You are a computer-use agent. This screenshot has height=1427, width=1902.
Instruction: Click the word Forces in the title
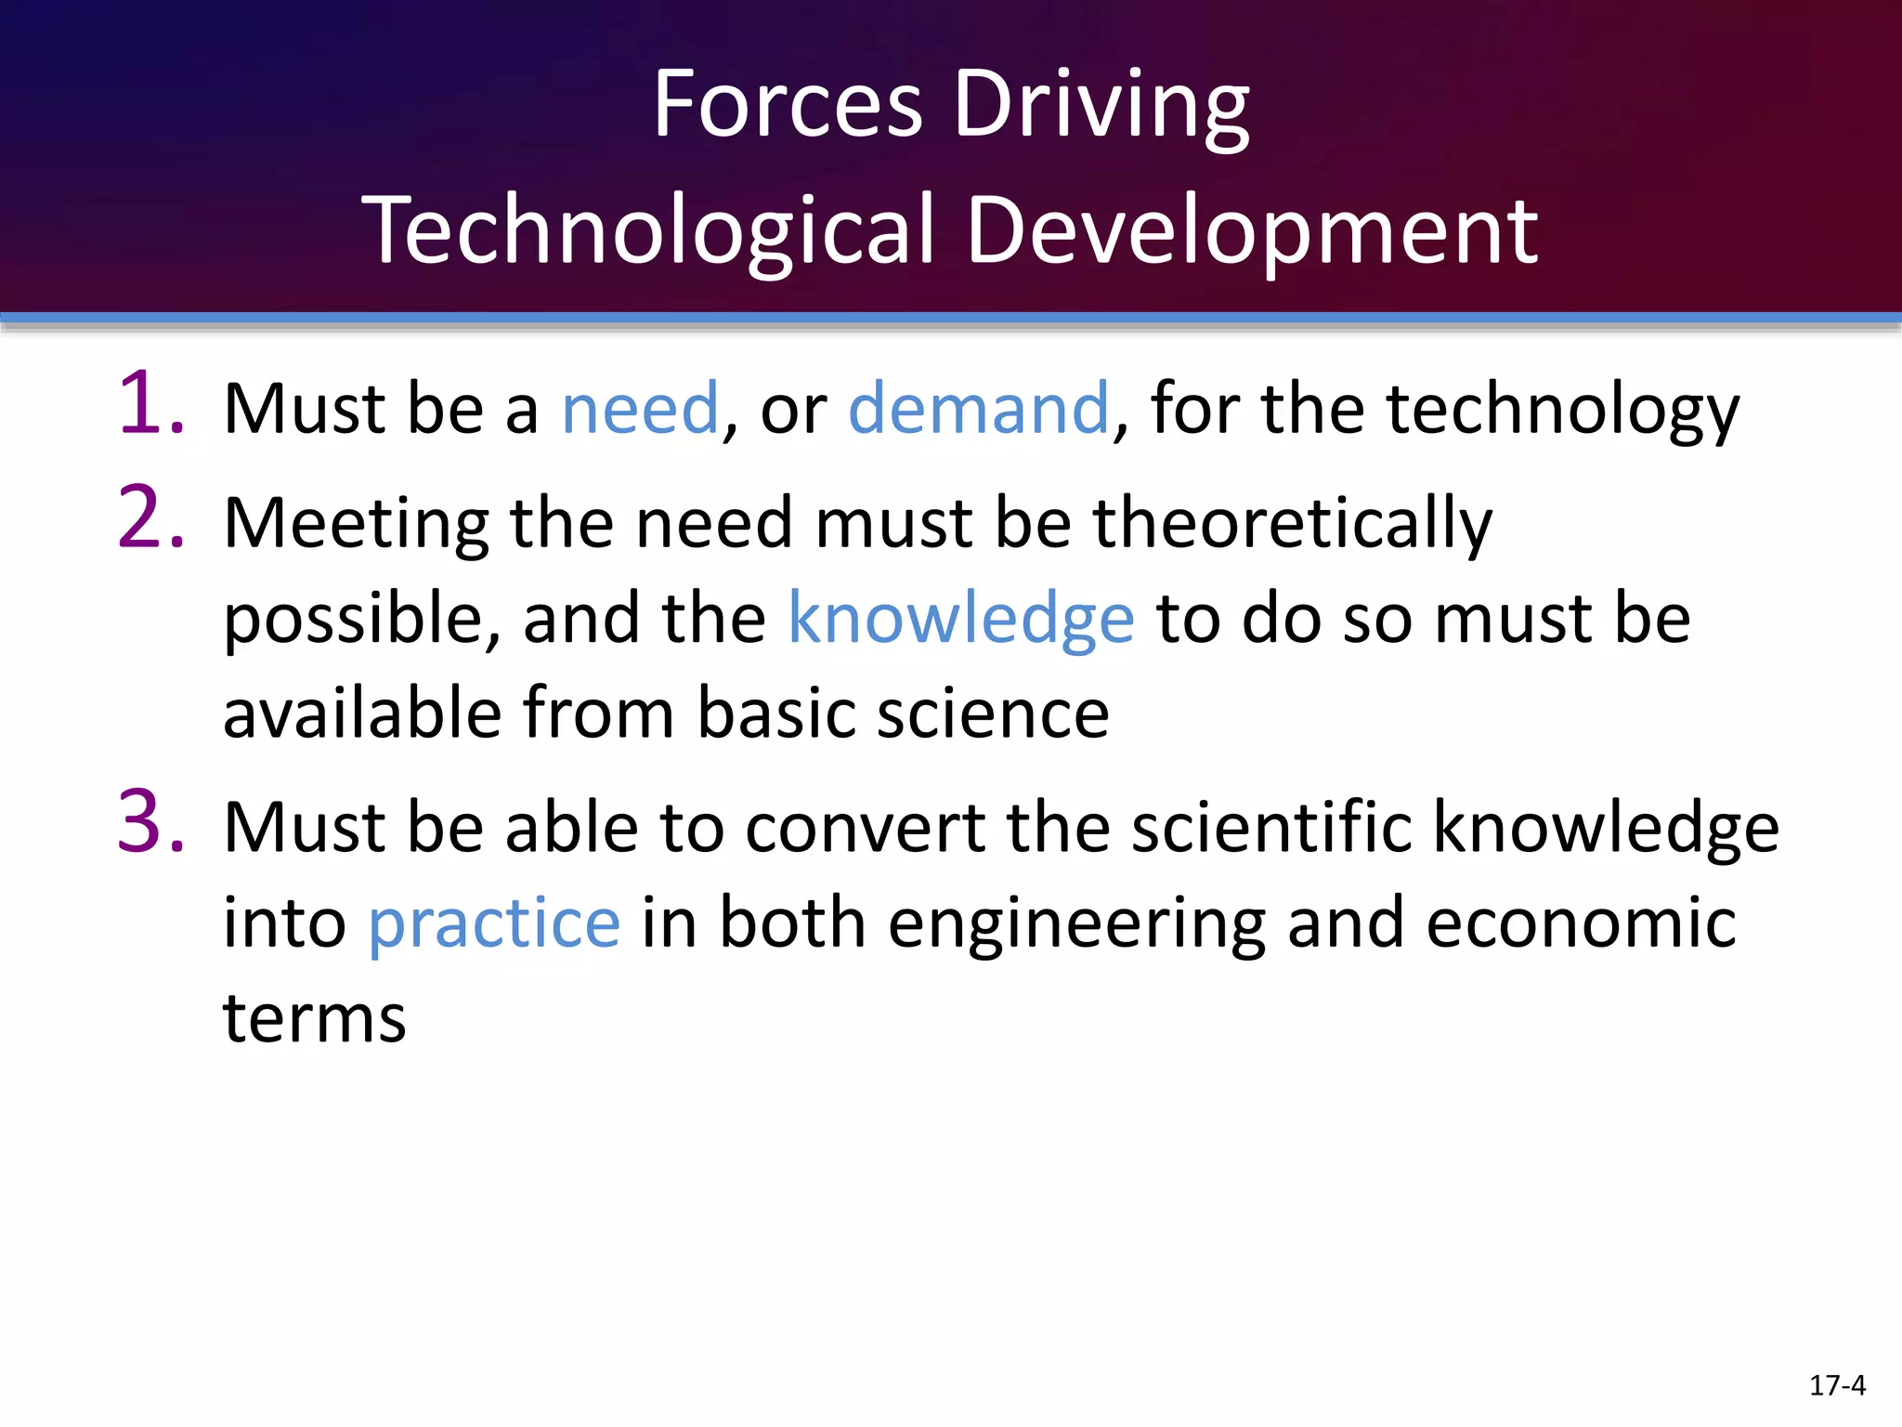click(788, 104)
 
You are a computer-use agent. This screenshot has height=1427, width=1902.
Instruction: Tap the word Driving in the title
click(1101, 108)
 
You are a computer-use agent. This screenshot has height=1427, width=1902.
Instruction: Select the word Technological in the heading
click(648, 230)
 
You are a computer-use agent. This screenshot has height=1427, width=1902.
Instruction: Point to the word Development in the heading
click(1252, 230)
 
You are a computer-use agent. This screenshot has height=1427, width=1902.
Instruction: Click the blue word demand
click(979, 408)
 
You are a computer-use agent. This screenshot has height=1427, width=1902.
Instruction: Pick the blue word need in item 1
click(640, 408)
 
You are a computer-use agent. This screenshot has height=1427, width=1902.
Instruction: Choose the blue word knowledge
click(960, 620)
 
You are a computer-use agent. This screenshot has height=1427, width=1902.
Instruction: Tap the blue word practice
click(494, 924)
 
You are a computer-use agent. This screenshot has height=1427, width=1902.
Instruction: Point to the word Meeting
click(356, 525)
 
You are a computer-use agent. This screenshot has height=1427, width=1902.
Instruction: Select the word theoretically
click(1292, 525)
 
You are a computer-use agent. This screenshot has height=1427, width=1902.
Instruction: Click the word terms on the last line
click(315, 1018)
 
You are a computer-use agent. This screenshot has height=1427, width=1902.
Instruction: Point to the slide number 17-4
click(1837, 1385)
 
